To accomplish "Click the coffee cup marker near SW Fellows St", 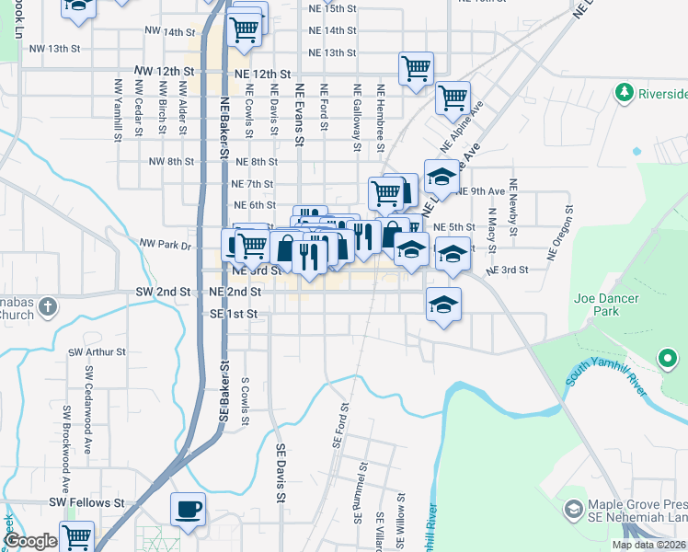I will click(189, 510).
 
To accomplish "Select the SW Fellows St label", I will click(86, 503).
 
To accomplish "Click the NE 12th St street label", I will click(262, 74).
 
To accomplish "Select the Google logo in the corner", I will click(31, 541).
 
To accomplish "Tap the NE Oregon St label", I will click(556, 237).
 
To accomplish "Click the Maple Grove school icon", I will click(573, 509).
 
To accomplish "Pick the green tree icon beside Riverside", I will click(625, 93).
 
